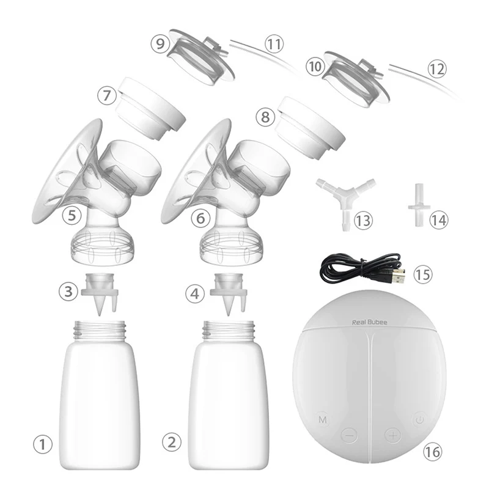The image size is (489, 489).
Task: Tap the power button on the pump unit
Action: click(419, 420)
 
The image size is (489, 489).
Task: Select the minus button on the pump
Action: click(348, 435)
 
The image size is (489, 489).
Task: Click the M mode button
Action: click(323, 420)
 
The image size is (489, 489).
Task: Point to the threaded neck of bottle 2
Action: click(228, 330)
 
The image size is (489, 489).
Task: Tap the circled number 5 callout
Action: click(75, 215)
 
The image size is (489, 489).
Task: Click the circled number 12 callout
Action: click(436, 68)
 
